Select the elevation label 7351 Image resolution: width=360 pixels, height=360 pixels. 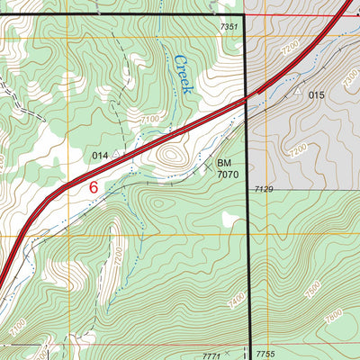coord(229,28)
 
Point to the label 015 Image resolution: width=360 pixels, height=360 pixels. coord(316,94)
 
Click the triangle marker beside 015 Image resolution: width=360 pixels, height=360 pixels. coord(296,92)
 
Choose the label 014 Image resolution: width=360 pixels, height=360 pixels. coord(100,156)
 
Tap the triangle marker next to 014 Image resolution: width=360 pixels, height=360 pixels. coord(118,154)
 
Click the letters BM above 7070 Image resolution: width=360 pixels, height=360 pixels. coord(224,163)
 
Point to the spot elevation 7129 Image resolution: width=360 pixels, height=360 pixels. coord(263,189)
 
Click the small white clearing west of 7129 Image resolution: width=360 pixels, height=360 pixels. coord(232,219)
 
